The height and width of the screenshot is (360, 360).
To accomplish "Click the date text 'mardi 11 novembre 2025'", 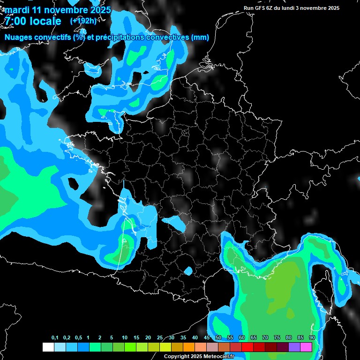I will click(58, 9).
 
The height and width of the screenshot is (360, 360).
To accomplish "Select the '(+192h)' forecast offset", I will click(83, 21).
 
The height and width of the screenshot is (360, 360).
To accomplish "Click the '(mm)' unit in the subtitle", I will click(200, 37).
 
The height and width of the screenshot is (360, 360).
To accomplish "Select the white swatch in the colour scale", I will click(48, 347).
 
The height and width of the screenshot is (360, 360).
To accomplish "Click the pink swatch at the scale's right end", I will click(306, 347).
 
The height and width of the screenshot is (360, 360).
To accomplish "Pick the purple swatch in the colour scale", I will click(294, 347).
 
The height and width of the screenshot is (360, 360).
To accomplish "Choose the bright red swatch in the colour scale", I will click(247, 347).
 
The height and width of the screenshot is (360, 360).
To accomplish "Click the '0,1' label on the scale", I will click(55, 338).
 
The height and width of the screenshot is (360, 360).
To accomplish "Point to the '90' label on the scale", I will click(312, 338).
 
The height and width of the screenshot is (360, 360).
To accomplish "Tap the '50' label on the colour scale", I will click(218, 338).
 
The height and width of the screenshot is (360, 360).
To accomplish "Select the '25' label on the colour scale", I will click(160, 338).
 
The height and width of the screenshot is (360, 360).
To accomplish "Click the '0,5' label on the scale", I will click(78, 338).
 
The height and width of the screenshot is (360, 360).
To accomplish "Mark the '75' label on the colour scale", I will click(277, 338).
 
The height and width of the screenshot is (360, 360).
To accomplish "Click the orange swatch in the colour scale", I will click(189, 347).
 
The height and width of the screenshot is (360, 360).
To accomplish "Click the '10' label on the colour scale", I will click(125, 338).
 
